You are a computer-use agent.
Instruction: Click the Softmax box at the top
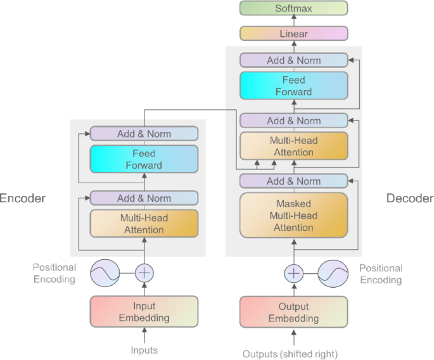click(x=293, y=8)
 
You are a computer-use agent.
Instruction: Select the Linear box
click(x=293, y=34)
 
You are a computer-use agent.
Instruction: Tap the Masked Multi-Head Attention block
click(x=293, y=215)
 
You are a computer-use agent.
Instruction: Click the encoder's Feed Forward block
click(x=144, y=159)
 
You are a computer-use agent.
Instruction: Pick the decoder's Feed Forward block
click(x=293, y=86)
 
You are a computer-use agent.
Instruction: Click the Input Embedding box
click(x=144, y=312)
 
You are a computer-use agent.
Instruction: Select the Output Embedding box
click(x=293, y=312)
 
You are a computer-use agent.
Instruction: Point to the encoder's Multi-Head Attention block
click(x=144, y=223)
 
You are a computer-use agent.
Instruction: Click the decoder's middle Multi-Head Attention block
click(x=293, y=146)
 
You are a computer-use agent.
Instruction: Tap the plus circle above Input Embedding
click(x=144, y=273)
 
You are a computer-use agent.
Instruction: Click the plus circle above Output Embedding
click(x=293, y=273)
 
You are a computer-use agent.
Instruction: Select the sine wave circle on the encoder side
click(x=105, y=273)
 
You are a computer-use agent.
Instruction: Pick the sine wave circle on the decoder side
click(x=333, y=273)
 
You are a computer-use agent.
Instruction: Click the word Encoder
click(x=22, y=198)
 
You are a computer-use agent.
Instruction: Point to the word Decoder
click(x=410, y=198)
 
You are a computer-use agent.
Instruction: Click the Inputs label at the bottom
click(x=144, y=350)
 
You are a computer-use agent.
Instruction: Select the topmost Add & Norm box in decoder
click(x=293, y=60)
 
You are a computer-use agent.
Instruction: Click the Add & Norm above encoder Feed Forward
click(x=144, y=134)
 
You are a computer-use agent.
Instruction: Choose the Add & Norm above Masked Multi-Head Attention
click(x=293, y=181)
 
